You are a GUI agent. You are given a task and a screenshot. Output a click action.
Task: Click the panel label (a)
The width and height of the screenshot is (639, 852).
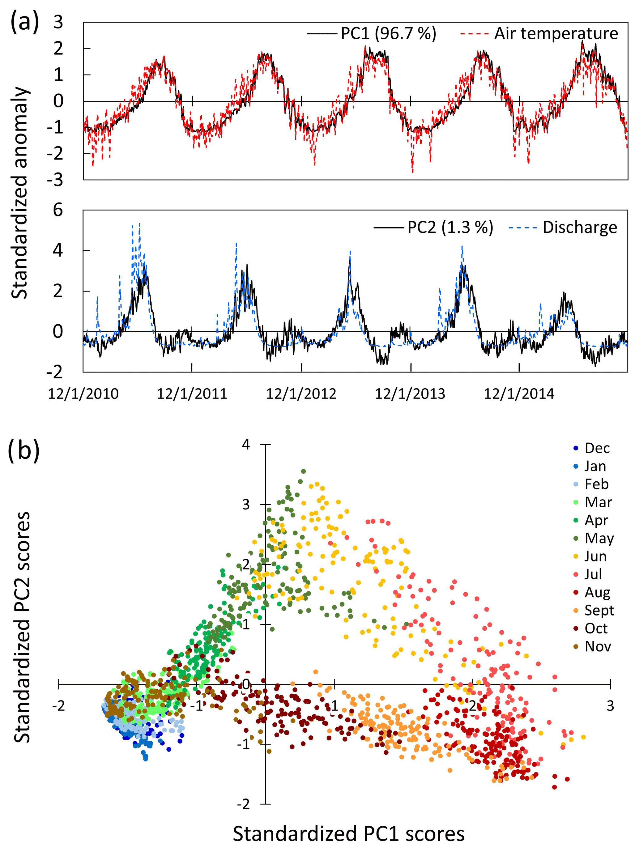pos(25,22)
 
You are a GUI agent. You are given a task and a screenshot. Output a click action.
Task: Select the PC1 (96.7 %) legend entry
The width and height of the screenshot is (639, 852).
pos(388,33)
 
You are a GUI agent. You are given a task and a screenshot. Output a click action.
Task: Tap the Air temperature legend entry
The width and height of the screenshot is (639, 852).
pos(556,33)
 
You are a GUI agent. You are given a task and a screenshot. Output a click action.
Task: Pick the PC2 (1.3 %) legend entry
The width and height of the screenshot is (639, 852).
pos(450,227)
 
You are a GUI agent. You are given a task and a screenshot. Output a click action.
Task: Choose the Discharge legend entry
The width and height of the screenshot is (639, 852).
pos(579,227)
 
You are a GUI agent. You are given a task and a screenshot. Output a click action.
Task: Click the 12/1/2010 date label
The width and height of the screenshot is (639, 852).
pos(83,394)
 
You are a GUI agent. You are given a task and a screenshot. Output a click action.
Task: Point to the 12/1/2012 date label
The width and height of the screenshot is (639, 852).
pos(301,394)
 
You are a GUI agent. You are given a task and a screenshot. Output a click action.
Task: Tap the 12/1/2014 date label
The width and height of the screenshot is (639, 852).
pos(519,394)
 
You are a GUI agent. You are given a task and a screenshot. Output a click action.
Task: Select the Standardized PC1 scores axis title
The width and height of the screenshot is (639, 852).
pos(349,834)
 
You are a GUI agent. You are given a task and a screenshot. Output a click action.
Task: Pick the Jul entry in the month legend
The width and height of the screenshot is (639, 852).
pos(593,574)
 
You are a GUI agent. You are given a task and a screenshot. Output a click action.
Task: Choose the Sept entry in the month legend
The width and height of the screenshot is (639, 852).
pos(599,610)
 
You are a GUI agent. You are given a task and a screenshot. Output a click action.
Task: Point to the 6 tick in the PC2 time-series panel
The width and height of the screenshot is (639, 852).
pos(58,210)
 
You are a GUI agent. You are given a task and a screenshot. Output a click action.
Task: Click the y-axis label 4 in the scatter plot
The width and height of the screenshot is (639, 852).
pos(246,445)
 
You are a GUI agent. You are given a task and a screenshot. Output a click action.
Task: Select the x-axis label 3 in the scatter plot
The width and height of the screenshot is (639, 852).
pos(610,706)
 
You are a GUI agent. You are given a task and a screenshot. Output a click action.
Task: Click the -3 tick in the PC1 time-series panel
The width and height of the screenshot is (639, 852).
pos(55,180)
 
